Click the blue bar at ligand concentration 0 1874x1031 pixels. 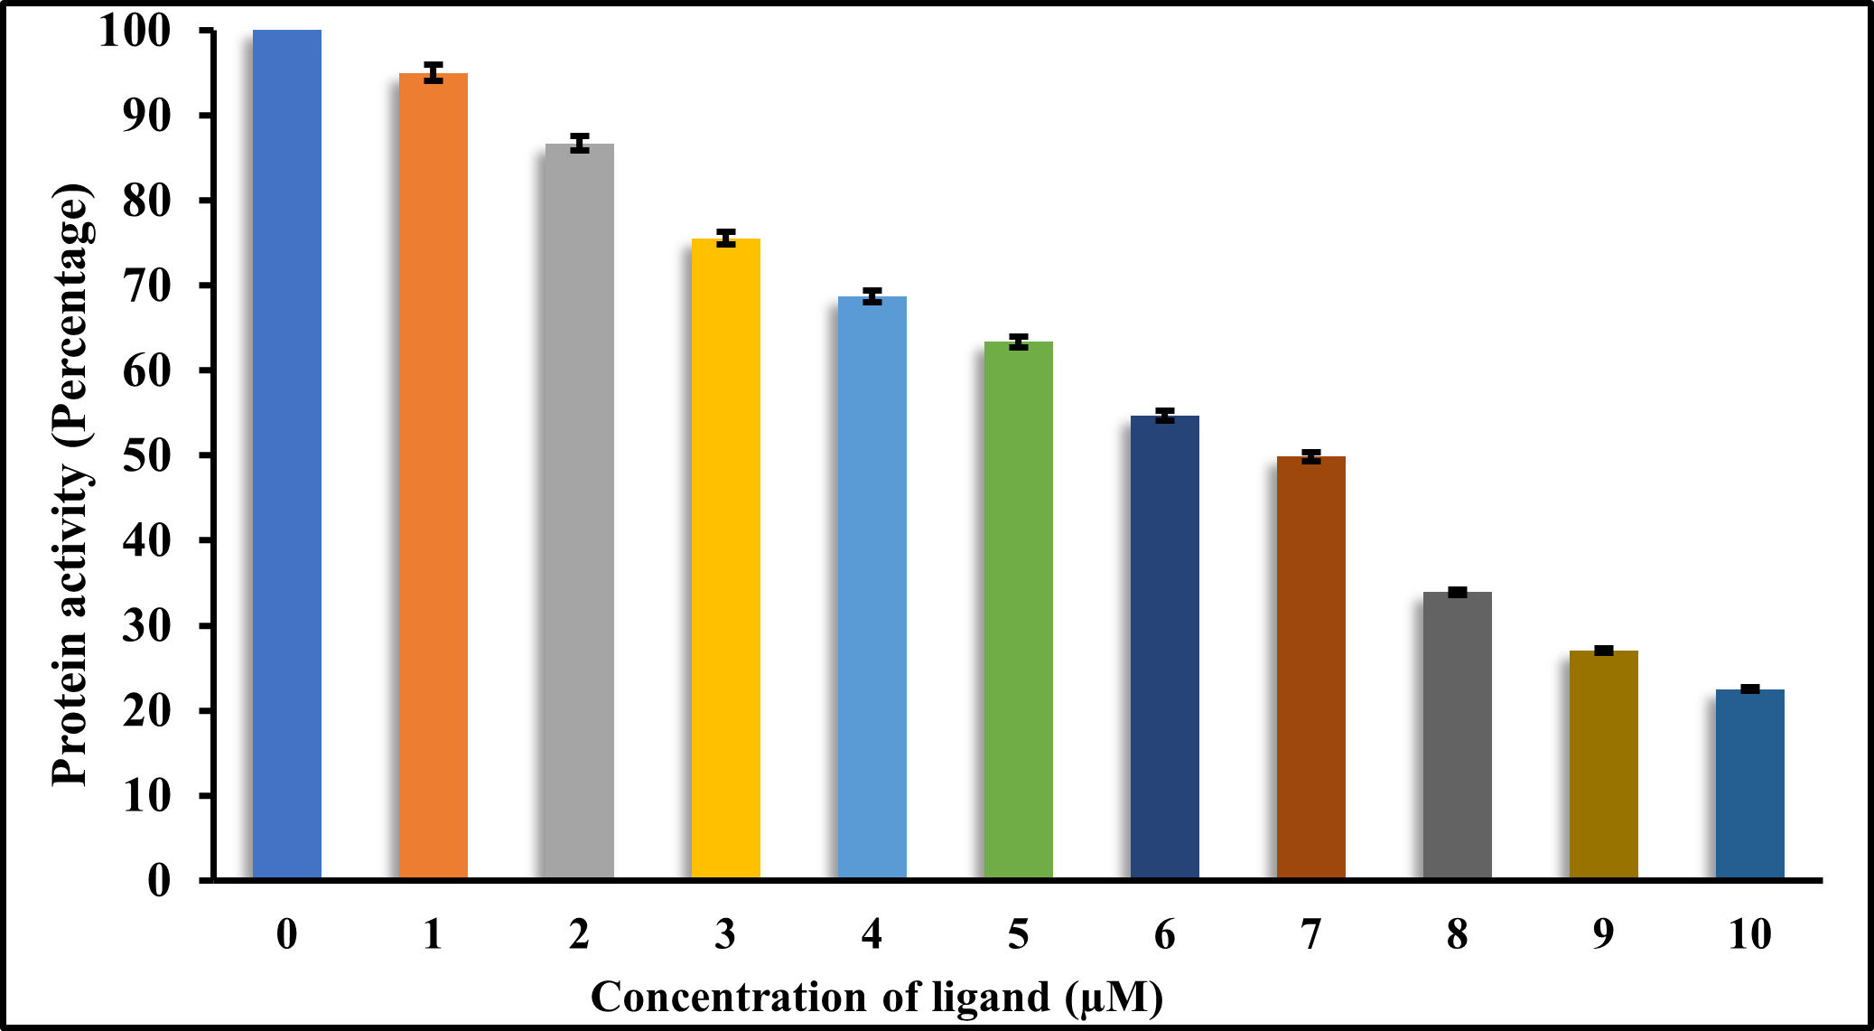click(x=286, y=452)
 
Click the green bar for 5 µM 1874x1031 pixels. click(x=1018, y=610)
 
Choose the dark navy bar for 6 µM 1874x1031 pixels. click(x=1164, y=646)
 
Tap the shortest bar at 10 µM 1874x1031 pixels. click(x=1749, y=783)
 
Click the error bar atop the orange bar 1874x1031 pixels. click(x=434, y=73)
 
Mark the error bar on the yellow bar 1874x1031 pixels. click(x=725, y=239)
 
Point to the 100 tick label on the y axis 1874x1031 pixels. click(x=134, y=33)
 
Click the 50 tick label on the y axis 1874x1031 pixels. click(x=146, y=455)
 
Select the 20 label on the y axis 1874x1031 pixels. click(x=146, y=711)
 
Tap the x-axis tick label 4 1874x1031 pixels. click(x=872, y=934)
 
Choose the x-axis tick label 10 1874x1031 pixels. click(x=1749, y=934)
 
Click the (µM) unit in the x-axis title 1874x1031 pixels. click(x=1114, y=998)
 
